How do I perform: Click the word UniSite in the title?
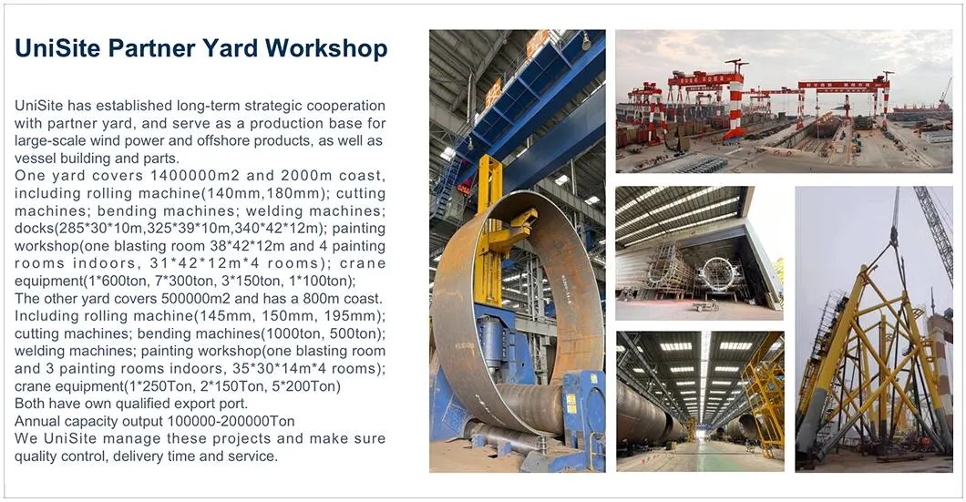point(57,47)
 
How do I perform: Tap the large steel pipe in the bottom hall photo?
point(642,410)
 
